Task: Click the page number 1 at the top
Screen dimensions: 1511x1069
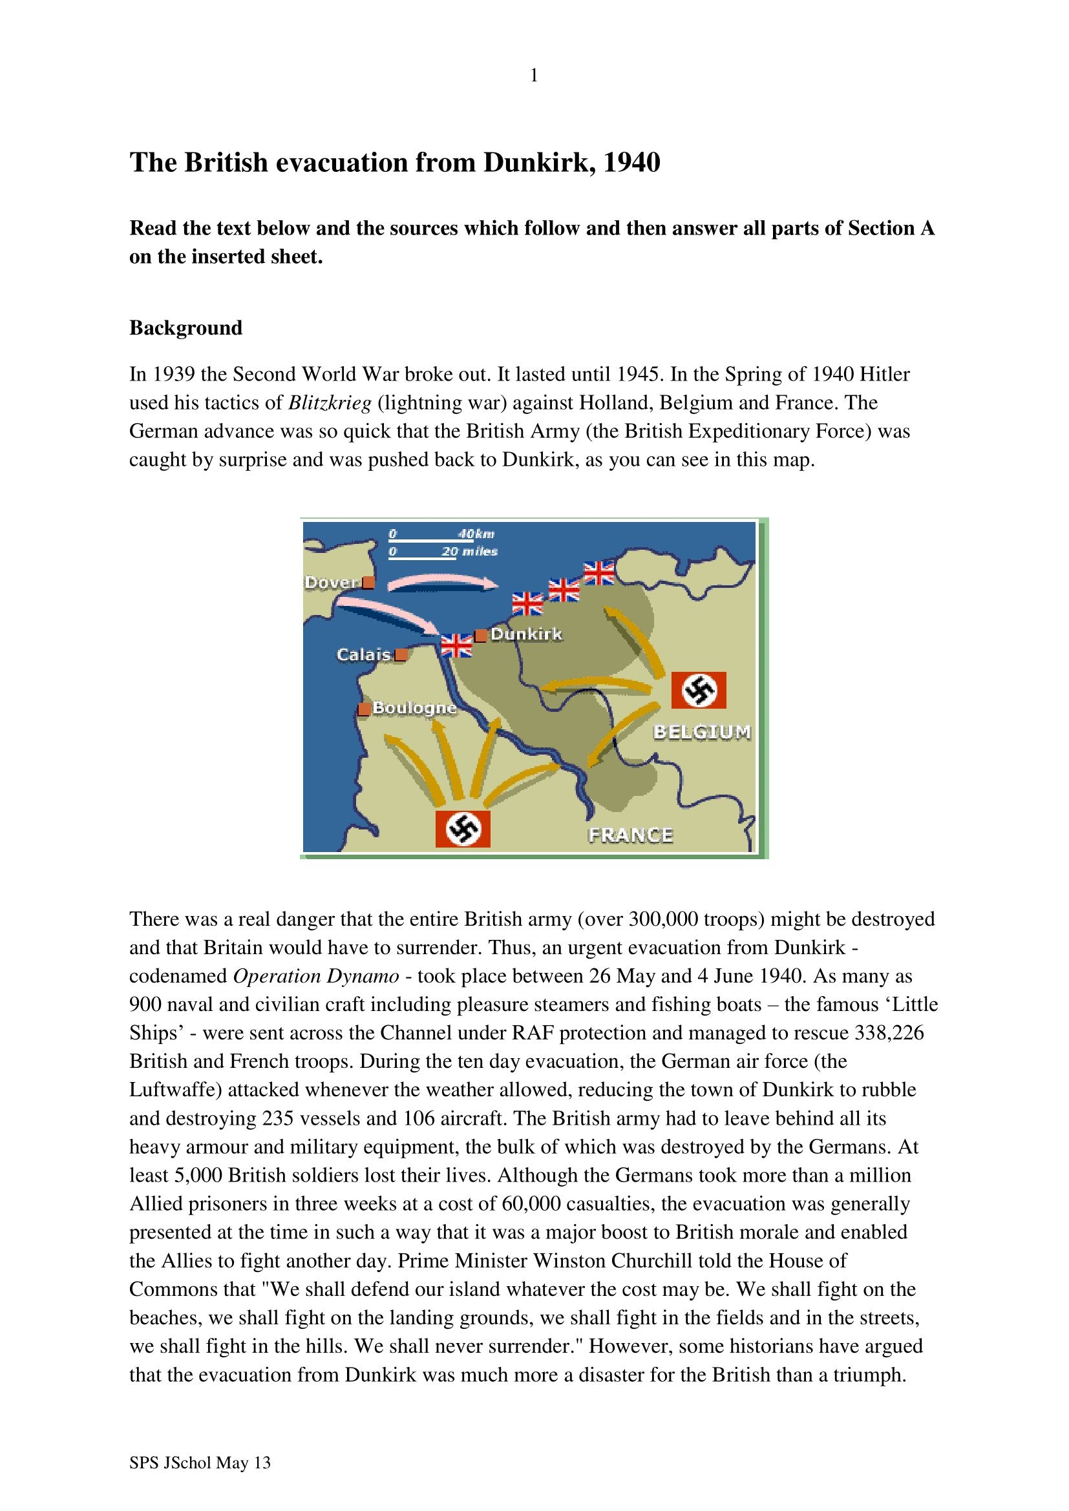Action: click(534, 76)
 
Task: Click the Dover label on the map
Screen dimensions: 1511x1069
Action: click(332, 583)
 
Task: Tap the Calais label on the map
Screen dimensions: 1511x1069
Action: click(363, 654)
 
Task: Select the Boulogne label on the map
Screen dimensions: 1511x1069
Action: click(415, 707)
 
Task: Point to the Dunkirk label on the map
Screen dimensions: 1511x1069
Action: click(527, 634)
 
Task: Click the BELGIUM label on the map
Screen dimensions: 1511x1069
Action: click(702, 732)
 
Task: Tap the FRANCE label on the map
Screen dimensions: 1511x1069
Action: click(630, 835)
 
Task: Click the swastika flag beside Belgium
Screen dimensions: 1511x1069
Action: click(699, 690)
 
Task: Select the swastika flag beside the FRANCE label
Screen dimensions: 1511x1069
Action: click(463, 829)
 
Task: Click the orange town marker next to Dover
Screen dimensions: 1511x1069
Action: click(368, 583)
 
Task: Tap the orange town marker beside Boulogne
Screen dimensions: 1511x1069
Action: click(363, 709)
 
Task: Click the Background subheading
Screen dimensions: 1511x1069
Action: click(185, 328)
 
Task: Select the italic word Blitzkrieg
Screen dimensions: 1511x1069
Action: click(330, 402)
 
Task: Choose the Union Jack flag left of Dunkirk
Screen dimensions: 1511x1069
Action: click(457, 645)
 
